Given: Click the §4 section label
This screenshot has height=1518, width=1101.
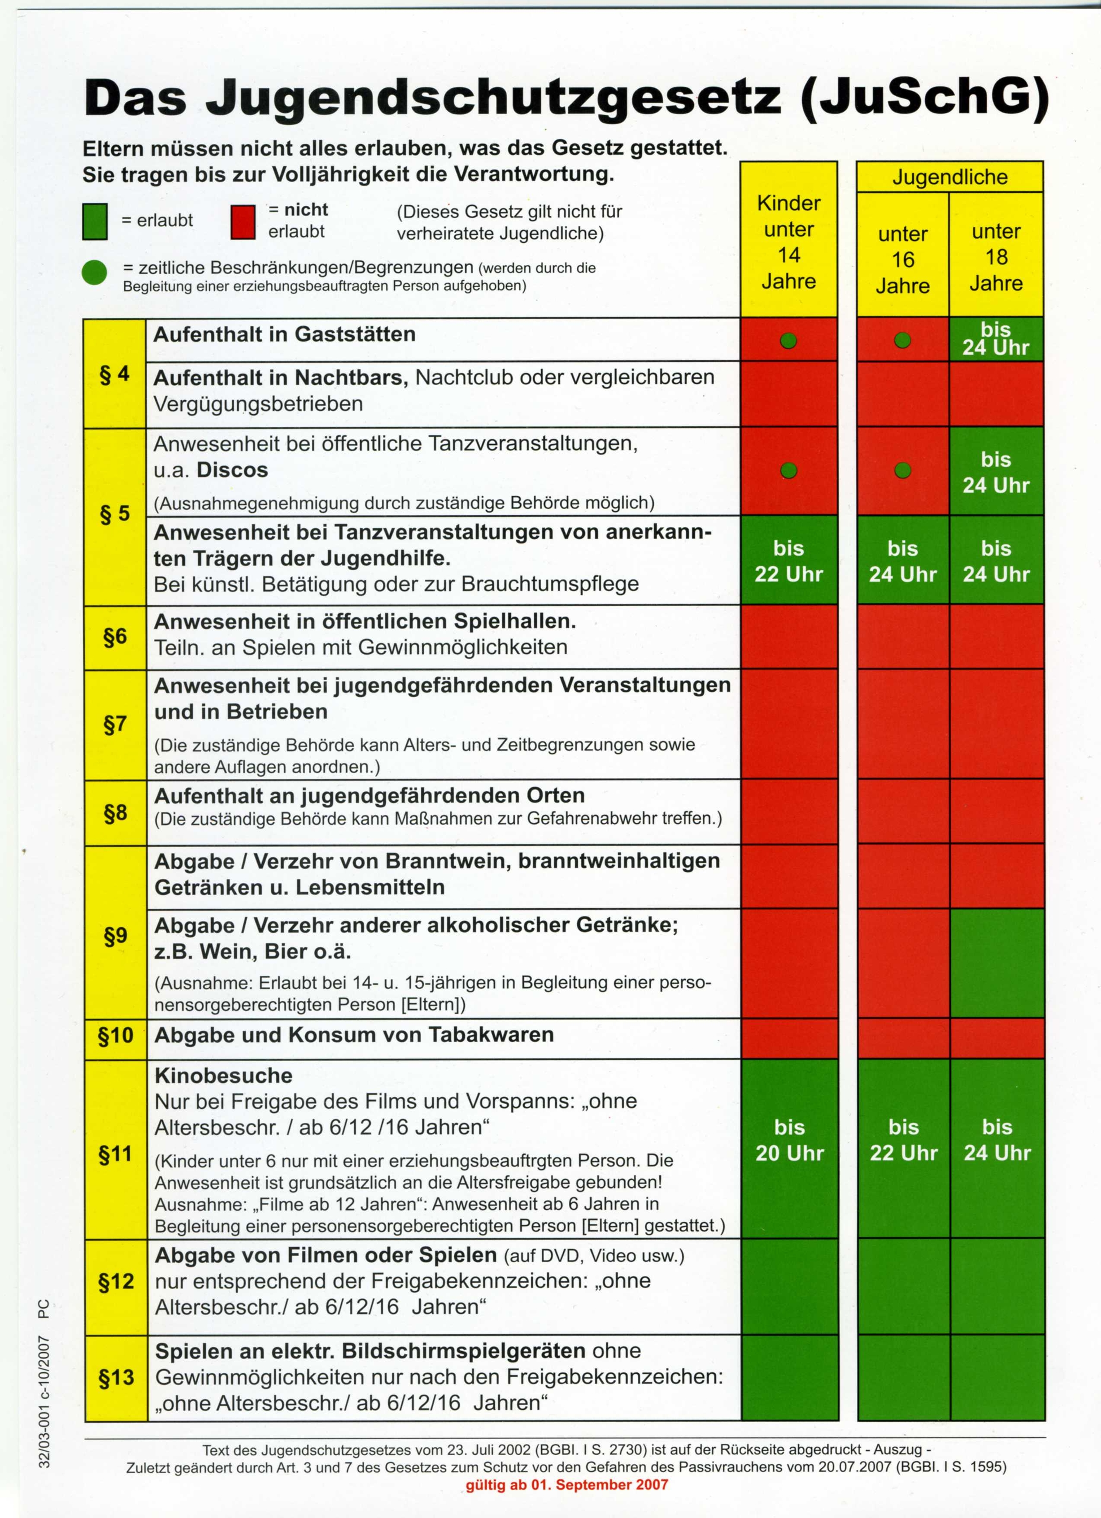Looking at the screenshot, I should [x=114, y=374].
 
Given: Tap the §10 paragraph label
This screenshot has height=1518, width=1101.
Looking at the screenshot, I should [x=116, y=1035].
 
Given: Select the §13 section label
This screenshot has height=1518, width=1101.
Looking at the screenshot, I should [x=116, y=1378].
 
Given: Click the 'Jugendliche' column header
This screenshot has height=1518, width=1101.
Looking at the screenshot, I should [x=950, y=177].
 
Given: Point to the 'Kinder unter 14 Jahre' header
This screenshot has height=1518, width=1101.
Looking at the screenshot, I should [x=789, y=242].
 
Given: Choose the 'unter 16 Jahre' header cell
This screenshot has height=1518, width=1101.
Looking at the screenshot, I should [x=902, y=260].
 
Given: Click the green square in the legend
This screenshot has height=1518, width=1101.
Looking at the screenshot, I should [x=95, y=221].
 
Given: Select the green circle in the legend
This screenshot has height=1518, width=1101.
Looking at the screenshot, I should [x=94, y=273].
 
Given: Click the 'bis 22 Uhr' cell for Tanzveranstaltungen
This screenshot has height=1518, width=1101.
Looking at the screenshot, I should [x=789, y=561].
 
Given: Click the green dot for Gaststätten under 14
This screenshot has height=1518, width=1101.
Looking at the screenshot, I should [x=789, y=341].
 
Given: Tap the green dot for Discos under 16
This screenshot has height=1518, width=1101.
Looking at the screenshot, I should [x=902, y=471].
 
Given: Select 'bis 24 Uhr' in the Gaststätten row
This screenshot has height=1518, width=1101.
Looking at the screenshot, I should [x=995, y=339].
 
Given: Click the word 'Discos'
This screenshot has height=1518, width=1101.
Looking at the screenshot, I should [x=232, y=470].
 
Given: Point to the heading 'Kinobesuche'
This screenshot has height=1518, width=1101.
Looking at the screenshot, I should [x=223, y=1076].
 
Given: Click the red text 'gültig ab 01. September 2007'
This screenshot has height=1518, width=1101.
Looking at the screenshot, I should [x=567, y=1485].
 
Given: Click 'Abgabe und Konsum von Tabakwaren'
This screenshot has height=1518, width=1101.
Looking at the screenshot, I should [x=354, y=1035].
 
